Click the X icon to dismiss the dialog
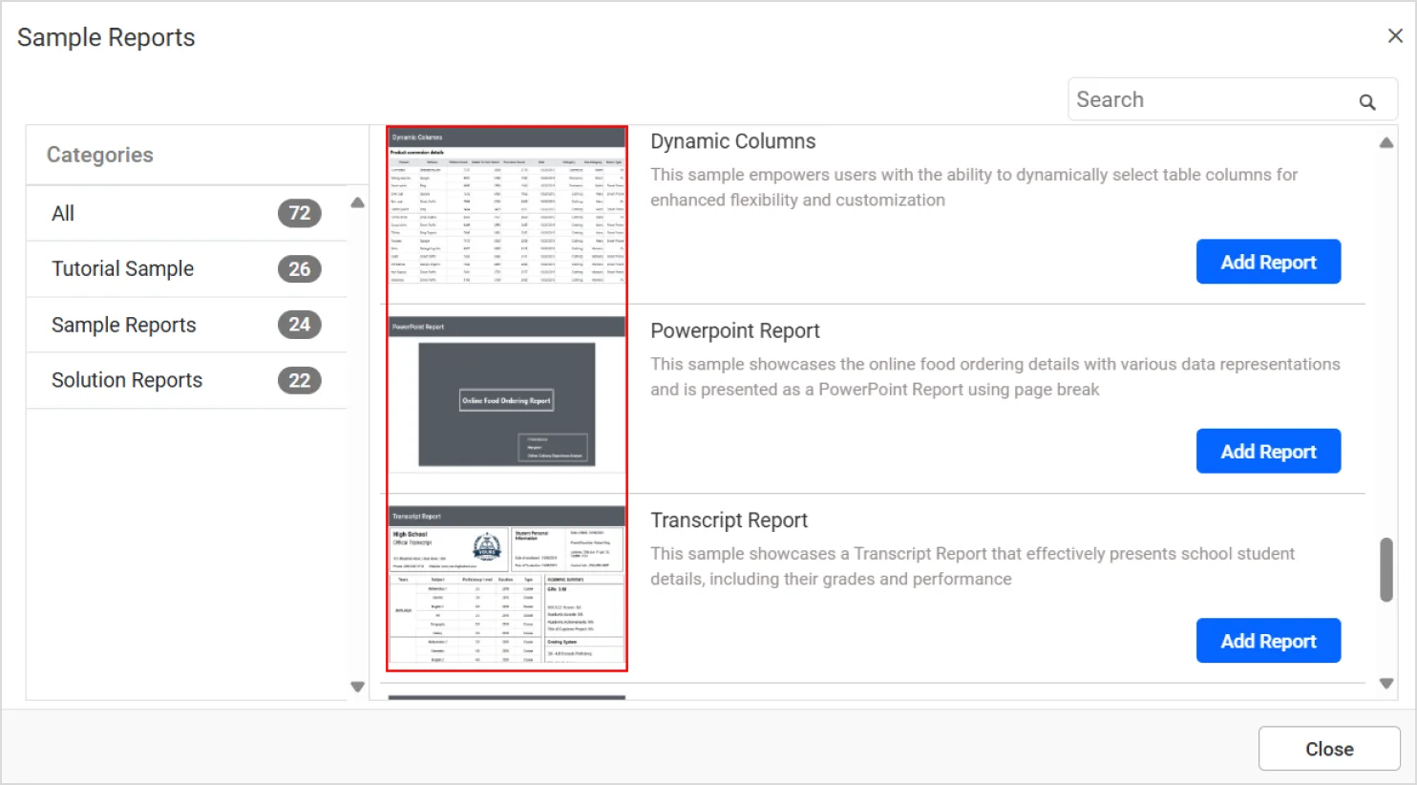pos(1395,36)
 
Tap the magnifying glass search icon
pos(1367,101)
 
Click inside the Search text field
pos(1208,100)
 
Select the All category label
pos(63,214)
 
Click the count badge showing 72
pos(300,213)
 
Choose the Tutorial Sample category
pos(122,269)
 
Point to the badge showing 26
pos(300,269)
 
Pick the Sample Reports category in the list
pos(124,325)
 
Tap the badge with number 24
pos(300,325)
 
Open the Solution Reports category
pos(127,380)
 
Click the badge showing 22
pos(300,380)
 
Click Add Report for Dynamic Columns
pos(1268,263)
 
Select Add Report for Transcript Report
pos(1268,641)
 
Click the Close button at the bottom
pos(1329,750)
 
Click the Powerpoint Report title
pos(735,331)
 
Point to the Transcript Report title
pos(729,520)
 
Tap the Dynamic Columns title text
pos(732,141)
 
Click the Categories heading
pos(100,155)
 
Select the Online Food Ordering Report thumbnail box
pos(507,401)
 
